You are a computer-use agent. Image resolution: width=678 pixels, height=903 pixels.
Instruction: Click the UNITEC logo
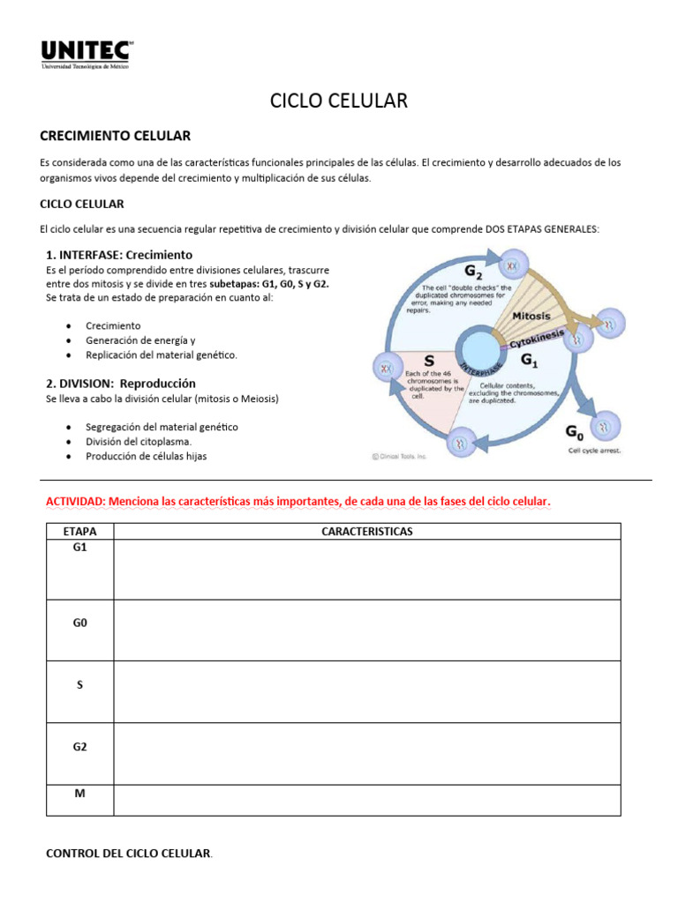(x=87, y=55)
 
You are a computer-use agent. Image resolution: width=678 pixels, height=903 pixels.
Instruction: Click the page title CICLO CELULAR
(x=339, y=101)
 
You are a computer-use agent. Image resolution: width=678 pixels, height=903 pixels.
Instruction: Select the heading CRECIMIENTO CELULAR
(x=115, y=136)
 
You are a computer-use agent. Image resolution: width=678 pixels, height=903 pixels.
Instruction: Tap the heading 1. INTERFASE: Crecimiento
(x=118, y=254)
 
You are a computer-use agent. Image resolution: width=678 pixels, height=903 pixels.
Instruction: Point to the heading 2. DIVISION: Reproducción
(x=120, y=384)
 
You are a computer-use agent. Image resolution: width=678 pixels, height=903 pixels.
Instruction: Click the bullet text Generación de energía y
(x=139, y=340)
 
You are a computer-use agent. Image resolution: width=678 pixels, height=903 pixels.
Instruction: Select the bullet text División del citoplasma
(x=139, y=441)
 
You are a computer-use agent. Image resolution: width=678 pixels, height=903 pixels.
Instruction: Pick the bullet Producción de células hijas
(x=146, y=456)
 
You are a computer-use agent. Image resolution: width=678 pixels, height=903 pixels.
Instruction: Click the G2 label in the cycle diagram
(x=473, y=270)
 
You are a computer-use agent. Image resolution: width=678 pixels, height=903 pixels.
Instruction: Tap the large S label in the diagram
(x=429, y=361)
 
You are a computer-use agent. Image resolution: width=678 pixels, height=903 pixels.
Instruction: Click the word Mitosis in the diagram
(x=531, y=316)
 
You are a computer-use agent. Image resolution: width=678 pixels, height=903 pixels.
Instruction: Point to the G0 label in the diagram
(x=574, y=432)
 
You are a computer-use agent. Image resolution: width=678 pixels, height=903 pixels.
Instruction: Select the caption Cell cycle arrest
(x=594, y=451)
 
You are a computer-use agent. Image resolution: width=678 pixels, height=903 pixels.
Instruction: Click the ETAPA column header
(x=79, y=532)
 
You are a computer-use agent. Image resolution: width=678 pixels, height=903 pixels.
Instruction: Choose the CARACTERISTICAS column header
(x=366, y=532)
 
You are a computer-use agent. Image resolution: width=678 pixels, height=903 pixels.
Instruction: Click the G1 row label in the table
(x=79, y=548)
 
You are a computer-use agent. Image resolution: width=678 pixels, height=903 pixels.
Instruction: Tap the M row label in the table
(x=79, y=794)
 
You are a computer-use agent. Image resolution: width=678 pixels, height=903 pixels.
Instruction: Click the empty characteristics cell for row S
(x=366, y=691)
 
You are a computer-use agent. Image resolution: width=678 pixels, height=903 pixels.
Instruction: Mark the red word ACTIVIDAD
(x=74, y=502)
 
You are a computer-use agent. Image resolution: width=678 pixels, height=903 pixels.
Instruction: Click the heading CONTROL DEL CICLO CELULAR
(x=128, y=854)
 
